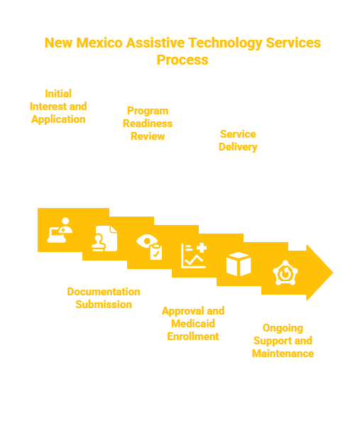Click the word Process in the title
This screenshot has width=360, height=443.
point(182,60)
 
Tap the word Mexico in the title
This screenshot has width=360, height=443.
point(99,43)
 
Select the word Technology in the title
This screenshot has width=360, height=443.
point(225,43)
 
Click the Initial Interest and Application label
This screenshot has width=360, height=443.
point(58,106)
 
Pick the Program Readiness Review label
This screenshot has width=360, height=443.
point(148,124)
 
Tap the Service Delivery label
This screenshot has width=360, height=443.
point(238,141)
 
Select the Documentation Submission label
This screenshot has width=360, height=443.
point(104,298)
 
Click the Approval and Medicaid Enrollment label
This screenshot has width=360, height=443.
point(193,324)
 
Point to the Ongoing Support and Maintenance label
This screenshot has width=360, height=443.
point(283,341)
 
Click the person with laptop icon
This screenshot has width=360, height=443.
point(60,230)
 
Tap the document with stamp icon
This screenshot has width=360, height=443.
point(104,239)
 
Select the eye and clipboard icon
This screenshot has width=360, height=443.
point(149,247)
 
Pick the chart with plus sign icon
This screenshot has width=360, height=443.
point(194,256)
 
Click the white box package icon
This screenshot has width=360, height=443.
point(239,264)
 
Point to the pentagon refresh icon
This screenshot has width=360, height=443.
point(285,273)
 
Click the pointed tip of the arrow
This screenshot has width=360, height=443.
point(333,273)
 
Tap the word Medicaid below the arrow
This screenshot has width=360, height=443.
point(193,324)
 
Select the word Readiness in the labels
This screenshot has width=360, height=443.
point(148,124)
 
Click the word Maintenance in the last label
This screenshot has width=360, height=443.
point(283,354)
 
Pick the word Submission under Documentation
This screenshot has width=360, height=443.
point(104,305)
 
